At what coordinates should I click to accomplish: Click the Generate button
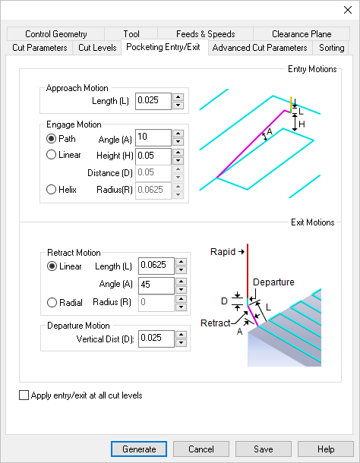(139, 449)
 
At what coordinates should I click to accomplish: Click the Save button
(263, 449)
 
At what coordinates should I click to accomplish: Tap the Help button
(326, 449)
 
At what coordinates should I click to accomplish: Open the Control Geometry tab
(56, 34)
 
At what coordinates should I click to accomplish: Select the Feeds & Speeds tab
(205, 34)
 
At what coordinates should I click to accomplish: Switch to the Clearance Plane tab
(302, 34)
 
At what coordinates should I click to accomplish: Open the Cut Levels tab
(97, 48)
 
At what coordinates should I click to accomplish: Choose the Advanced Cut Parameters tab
(260, 48)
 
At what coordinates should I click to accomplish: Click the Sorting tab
(331, 48)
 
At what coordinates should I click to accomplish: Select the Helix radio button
(52, 190)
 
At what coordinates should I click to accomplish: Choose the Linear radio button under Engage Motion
(52, 155)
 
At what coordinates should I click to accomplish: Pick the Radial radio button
(52, 302)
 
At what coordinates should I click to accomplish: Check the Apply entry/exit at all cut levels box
(24, 395)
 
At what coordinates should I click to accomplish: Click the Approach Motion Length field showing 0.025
(152, 101)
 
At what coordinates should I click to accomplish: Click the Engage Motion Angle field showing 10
(152, 137)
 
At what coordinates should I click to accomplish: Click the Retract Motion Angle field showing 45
(153, 285)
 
